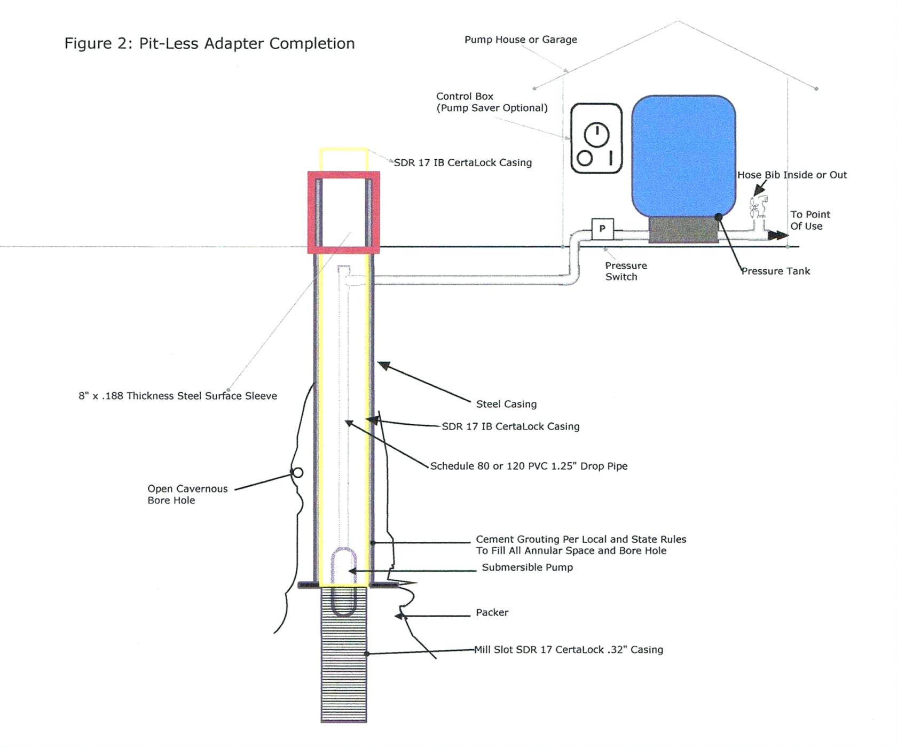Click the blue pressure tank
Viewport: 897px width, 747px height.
pos(683,155)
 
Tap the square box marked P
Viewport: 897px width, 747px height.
pos(602,229)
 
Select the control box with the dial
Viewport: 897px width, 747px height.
pos(596,139)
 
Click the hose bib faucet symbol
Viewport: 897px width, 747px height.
pos(758,206)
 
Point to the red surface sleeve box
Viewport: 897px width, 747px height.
pos(344,176)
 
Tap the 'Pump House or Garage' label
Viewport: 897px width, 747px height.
pos(521,40)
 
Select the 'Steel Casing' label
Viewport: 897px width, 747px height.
pos(506,404)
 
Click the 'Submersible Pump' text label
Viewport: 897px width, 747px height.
pos(527,567)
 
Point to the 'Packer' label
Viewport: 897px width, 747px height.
pos(492,612)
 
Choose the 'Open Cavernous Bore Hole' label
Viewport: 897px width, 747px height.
pos(187,494)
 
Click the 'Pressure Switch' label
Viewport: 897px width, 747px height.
pos(625,271)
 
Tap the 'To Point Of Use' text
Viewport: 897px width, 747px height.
pos(809,220)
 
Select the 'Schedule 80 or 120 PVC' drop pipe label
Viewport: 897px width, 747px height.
pos(529,466)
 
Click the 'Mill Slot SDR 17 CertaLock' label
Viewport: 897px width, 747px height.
pos(569,650)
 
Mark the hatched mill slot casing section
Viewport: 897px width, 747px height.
pos(344,673)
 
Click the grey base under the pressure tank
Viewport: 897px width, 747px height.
pos(683,230)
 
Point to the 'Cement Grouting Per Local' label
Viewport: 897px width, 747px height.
pos(581,545)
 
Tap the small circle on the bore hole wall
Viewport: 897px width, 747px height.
pos(298,472)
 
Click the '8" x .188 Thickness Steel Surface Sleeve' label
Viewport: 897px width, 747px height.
pos(178,396)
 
